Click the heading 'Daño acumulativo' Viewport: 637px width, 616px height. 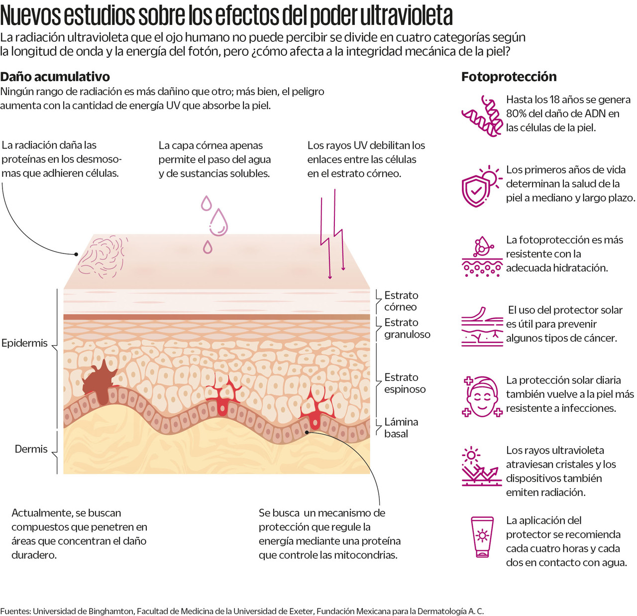[55, 77]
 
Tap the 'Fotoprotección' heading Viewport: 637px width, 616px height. [509, 77]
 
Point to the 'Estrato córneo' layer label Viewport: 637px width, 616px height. [401, 301]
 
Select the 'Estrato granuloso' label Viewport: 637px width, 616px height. [407, 329]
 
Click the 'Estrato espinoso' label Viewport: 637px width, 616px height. [405, 383]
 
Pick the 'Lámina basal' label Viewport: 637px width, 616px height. [401, 428]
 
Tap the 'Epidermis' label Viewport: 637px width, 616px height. [24, 343]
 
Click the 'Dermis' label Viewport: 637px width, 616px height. [31, 449]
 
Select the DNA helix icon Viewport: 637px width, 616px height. [482, 116]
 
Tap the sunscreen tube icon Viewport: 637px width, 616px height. [482, 537]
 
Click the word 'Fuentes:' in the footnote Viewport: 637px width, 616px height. [15, 611]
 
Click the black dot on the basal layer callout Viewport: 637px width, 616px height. [307, 432]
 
